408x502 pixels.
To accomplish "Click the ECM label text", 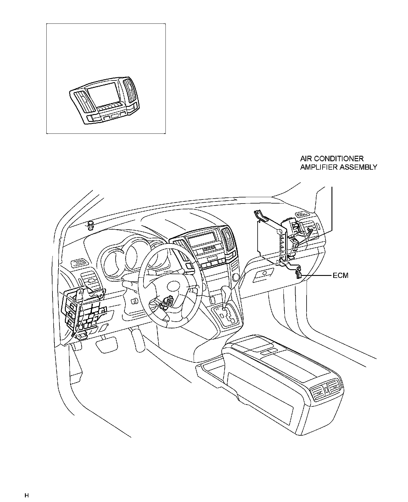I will (340, 275).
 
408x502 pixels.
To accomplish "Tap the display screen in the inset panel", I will (103, 92).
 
